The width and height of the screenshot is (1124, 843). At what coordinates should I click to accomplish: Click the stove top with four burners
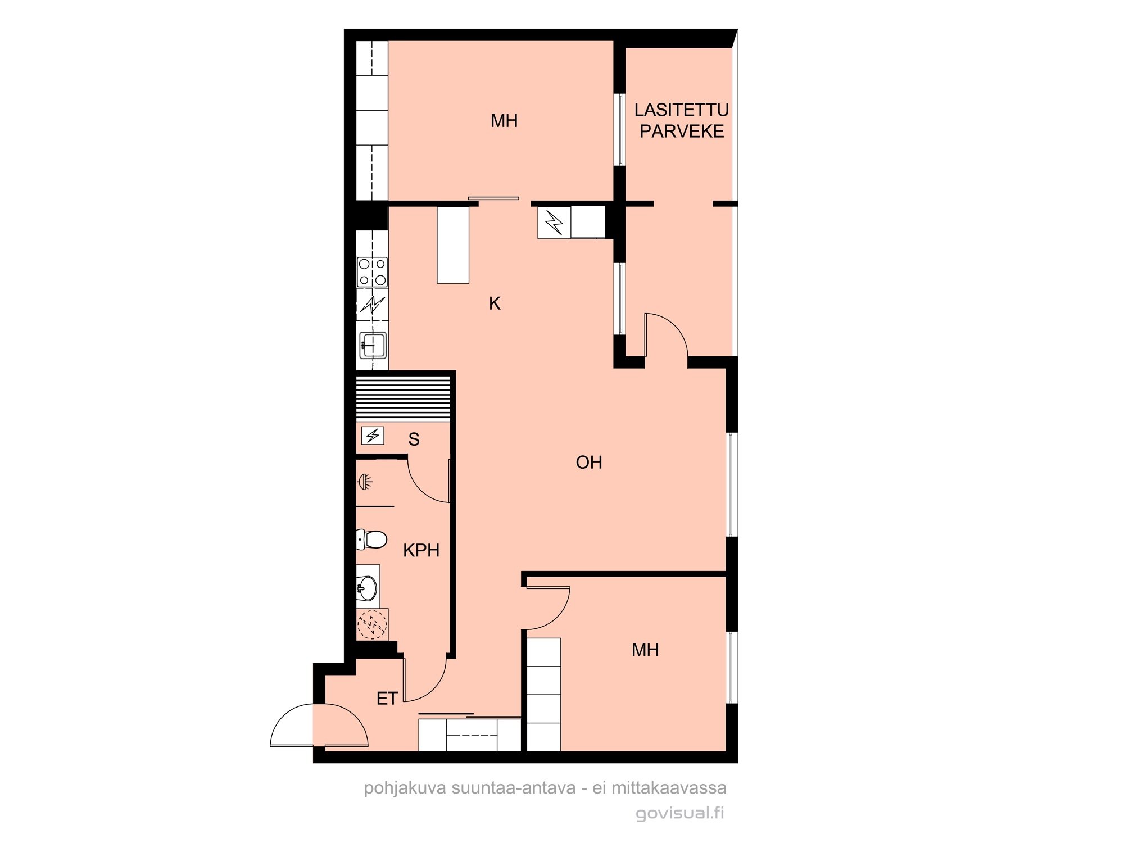[373, 272]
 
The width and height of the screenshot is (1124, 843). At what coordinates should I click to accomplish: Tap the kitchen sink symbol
[373, 345]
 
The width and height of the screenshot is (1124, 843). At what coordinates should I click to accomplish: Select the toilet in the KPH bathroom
[371, 540]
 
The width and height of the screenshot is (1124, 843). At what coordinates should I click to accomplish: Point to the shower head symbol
[365, 482]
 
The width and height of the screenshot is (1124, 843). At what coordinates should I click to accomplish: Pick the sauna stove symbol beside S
[373, 436]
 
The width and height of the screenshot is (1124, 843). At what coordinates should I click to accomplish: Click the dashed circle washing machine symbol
[372, 624]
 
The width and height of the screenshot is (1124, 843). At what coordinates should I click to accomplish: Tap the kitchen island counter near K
[453, 245]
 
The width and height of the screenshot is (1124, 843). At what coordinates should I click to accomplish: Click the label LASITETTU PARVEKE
[682, 120]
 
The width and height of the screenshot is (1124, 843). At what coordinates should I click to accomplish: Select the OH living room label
[589, 463]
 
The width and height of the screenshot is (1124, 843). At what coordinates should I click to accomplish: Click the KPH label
[421, 550]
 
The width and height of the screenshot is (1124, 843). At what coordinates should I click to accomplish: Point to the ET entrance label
[387, 699]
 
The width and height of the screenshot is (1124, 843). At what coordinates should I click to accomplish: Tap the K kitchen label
[495, 303]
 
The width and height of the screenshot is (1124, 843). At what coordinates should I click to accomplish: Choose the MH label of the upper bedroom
[504, 121]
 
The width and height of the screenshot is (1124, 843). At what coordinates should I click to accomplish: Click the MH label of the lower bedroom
[645, 650]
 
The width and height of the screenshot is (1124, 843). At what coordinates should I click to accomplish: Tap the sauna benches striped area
[404, 398]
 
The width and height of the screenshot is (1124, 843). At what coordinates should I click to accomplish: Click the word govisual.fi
[680, 813]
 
